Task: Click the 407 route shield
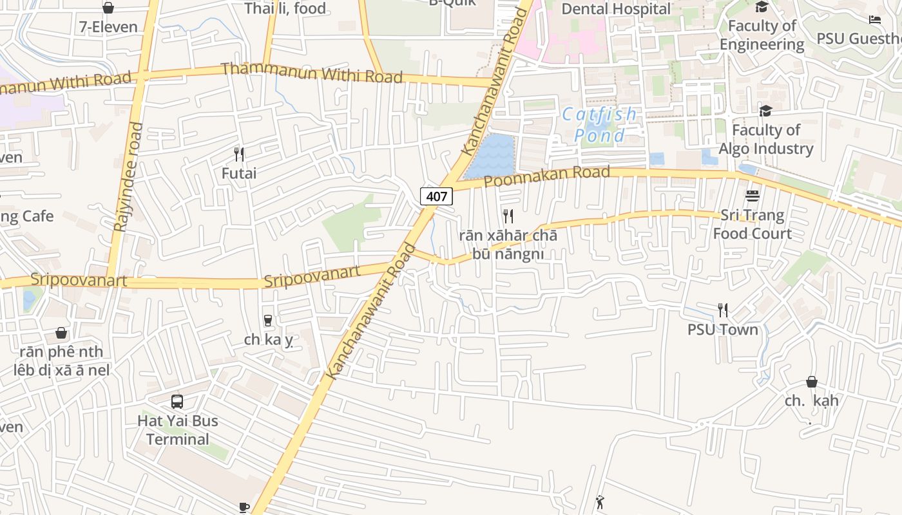(436, 196)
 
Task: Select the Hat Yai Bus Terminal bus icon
(177, 402)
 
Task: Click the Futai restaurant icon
(239, 154)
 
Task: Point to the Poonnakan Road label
(546, 176)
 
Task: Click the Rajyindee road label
(128, 176)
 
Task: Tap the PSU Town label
(723, 330)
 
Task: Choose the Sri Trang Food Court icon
(753, 195)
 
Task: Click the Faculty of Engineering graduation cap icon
(762, 7)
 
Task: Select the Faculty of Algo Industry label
(766, 139)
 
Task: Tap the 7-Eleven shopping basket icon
(108, 8)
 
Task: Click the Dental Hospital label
(616, 9)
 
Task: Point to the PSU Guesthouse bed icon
(875, 19)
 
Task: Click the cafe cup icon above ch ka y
(268, 320)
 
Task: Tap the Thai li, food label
(285, 8)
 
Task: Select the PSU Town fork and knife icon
(723, 310)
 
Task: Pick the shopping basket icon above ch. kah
(812, 382)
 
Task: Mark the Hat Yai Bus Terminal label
(177, 430)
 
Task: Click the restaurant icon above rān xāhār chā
(508, 216)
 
